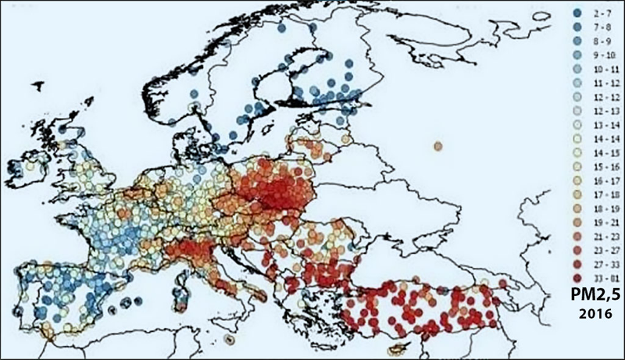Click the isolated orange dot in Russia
438,146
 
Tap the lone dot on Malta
228,340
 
